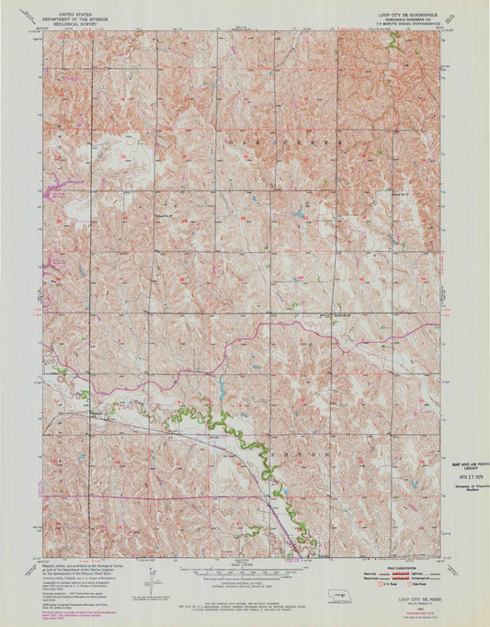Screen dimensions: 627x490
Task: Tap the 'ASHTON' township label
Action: pos(303,452)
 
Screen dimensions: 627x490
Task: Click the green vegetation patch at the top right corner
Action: pos(393,40)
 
